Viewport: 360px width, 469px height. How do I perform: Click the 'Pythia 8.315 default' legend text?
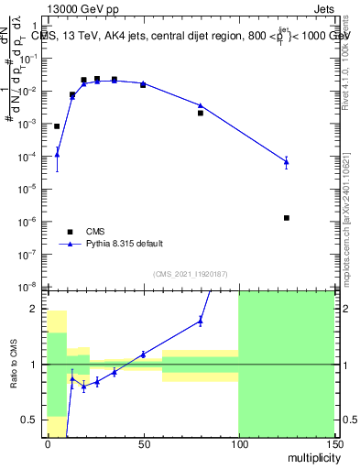point(125,244)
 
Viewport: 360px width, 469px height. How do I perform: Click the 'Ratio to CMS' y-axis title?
point(15,363)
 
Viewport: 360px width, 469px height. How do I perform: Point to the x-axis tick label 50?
point(143,444)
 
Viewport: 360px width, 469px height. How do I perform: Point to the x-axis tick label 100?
point(238,444)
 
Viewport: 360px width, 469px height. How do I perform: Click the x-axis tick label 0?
point(48,444)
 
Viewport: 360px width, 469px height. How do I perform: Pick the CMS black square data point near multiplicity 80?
point(201,113)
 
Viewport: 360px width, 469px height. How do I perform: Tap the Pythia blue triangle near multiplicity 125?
point(287,162)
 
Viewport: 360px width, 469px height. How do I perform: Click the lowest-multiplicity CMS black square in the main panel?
point(57,126)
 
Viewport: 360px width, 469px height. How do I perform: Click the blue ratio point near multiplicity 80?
point(201,320)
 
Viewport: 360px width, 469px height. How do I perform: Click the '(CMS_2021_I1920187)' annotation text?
point(190,274)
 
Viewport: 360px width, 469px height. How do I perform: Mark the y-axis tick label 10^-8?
point(31,287)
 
